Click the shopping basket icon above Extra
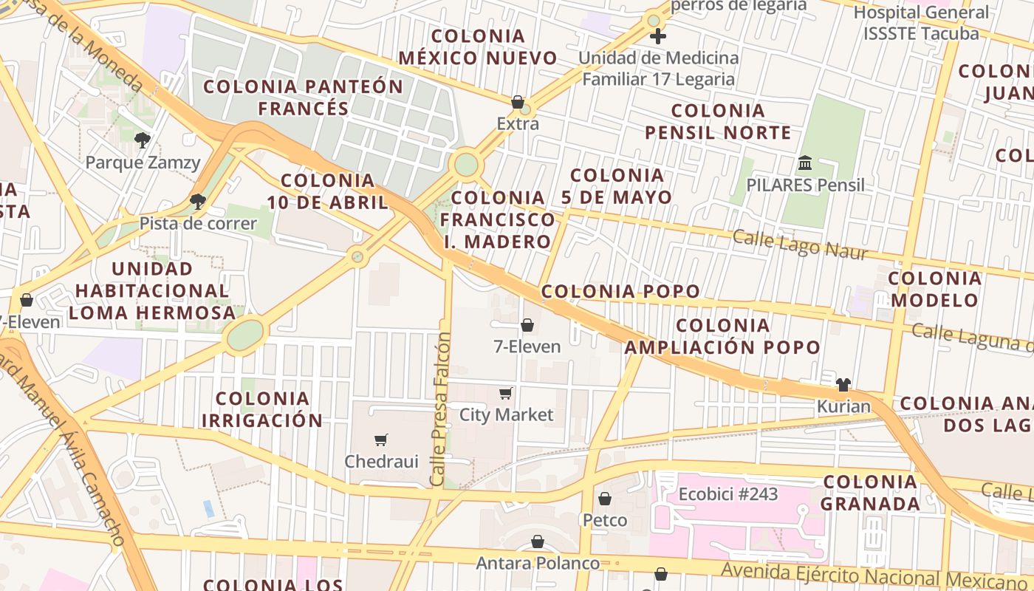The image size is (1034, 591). [x=518, y=102]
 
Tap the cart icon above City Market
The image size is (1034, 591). [x=506, y=393]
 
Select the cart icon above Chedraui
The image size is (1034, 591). [x=381, y=440]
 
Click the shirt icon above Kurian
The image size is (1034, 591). [x=843, y=384]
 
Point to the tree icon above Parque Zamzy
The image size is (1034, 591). [x=143, y=140]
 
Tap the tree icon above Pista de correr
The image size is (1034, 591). [x=197, y=201]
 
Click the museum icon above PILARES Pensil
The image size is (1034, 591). [x=805, y=163]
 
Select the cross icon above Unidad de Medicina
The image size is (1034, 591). [x=657, y=35]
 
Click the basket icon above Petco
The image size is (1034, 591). [x=605, y=499]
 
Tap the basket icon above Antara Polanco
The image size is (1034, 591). [x=538, y=542]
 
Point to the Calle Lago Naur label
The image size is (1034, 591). [x=800, y=245]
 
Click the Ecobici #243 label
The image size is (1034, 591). [x=727, y=493]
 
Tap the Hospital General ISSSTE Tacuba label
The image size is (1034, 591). [x=920, y=23]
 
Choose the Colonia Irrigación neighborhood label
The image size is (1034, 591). [x=262, y=409]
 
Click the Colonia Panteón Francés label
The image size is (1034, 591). [x=303, y=97]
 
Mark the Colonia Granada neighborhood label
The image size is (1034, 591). [x=870, y=493]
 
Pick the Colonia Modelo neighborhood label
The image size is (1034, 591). [x=934, y=289]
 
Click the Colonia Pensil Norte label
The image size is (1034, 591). [x=718, y=122]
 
